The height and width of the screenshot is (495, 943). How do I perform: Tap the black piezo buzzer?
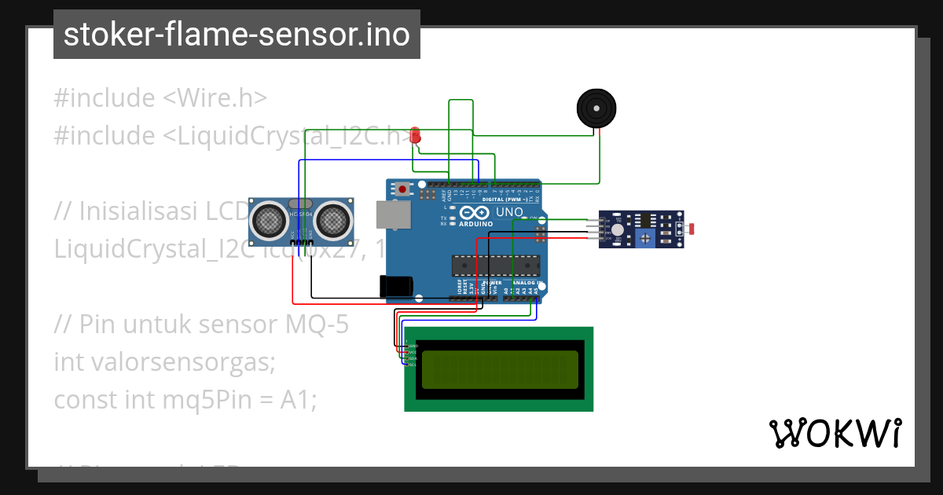pos(596,108)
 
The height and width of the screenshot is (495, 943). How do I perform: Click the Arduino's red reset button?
pos(404,189)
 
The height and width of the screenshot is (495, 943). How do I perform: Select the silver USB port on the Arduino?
pos(393,214)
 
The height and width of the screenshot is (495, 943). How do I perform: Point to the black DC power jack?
pos(396,286)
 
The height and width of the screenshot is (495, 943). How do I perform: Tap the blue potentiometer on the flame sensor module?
pos(645,237)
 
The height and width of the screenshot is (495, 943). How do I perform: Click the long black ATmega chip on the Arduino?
pos(495,266)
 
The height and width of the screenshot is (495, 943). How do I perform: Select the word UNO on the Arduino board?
pos(510,212)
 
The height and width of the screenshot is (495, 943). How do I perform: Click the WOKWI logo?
pos(835,434)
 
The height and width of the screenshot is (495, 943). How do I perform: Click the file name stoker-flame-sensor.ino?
pos(237,35)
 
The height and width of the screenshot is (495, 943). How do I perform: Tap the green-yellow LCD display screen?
pos(500,369)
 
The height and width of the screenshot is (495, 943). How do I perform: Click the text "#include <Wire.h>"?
pos(160,98)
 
